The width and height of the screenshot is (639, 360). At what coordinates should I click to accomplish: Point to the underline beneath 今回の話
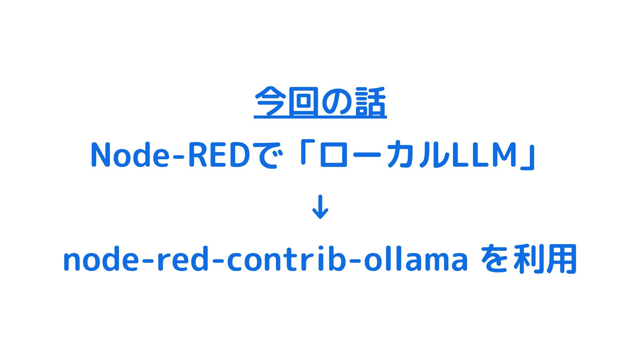tap(320, 117)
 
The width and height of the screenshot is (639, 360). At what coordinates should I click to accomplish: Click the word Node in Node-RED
tap(129, 155)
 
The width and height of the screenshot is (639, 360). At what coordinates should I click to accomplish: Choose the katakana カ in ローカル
tap(400, 156)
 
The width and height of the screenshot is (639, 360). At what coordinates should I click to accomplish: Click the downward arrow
tap(320, 207)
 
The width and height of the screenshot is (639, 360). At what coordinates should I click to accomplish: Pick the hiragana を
tap(494, 259)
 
